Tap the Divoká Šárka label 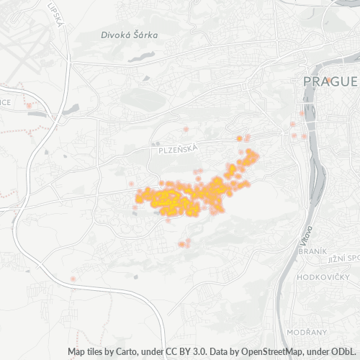[130, 34]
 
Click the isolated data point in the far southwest [73, 278]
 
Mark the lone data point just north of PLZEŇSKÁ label [186, 129]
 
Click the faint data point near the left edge [29, 106]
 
